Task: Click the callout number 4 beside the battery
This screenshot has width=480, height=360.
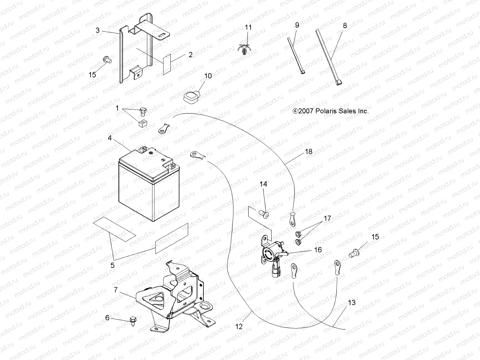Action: pyautogui.click(x=110, y=138)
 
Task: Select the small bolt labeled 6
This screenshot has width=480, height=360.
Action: pyautogui.click(x=132, y=320)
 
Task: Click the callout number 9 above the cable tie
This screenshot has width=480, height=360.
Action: pyautogui.click(x=297, y=25)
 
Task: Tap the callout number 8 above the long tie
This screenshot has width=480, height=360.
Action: pyautogui.click(x=345, y=25)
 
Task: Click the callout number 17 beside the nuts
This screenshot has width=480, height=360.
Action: pyautogui.click(x=327, y=218)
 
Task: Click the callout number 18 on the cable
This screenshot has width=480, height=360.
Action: pyautogui.click(x=309, y=151)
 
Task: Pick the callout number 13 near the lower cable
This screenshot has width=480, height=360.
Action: pyautogui.click(x=352, y=302)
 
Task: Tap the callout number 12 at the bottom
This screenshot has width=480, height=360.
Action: pyautogui.click(x=239, y=327)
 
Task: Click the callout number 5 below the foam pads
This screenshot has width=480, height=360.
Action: pyautogui.click(x=112, y=265)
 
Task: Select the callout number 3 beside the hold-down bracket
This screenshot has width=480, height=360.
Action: pyautogui.click(x=97, y=30)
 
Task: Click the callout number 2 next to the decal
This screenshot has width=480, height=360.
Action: pyautogui.click(x=199, y=55)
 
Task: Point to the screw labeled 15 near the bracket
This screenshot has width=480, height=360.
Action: pyautogui.click(x=106, y=60)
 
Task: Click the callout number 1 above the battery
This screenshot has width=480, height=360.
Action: pyautogui.click(x=117, y=108)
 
